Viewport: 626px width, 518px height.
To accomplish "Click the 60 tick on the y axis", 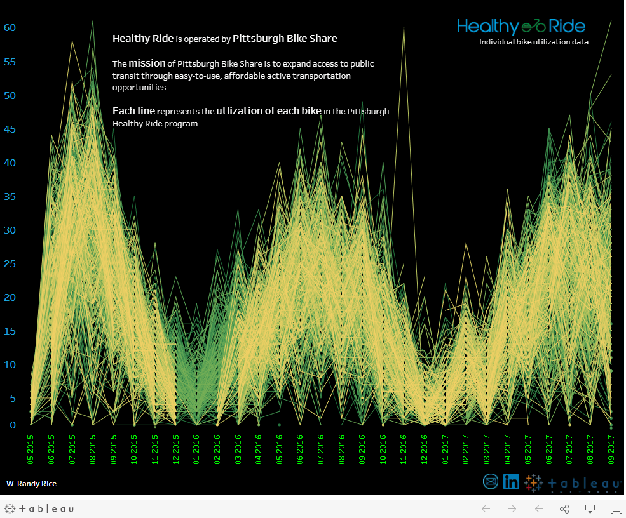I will coord(10,28).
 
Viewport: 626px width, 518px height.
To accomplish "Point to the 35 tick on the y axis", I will coord(10,197).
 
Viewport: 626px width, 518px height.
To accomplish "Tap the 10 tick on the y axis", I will coord(10,365).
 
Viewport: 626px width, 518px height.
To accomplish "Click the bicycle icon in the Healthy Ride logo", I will coord(533,26).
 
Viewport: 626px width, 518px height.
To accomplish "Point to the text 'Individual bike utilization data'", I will coord(534,42).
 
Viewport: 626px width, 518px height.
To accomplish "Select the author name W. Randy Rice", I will coord(31,484).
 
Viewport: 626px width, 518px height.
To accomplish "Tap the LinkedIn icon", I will coord(511,482).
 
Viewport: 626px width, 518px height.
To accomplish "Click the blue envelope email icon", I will coord(491,482).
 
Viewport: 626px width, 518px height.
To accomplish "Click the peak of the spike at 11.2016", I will coord(404,28).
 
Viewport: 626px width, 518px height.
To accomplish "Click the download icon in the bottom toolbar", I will coord(590,508).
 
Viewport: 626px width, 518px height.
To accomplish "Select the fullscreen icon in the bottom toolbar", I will coord(615,508).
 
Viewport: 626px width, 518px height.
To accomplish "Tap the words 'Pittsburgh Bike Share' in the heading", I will coord(285,38).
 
